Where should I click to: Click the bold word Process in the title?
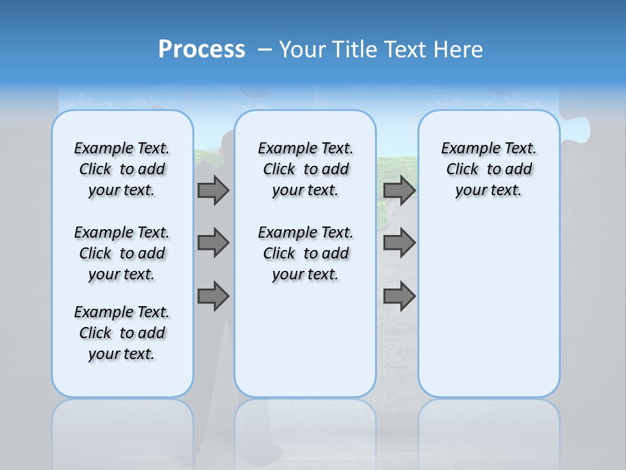click(x=201, y=49)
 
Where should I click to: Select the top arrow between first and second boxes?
click(x=213, y=190)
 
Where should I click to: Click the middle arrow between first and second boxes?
click(x=213, y=243)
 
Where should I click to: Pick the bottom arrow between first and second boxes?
click(x=213, y=296)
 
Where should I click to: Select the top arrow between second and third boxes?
click(x=400, y=190)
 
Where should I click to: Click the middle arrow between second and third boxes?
click(x=400, y=243)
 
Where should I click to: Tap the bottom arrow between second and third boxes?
click(x=400, y=296)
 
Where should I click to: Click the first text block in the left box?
click(x=122, y=169)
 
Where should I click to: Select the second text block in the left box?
click(x=122, y=253)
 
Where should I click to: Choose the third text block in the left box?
click(x=122, y=333)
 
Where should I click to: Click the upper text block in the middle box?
click(x=305, y=169)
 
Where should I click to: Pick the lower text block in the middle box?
click(x=305, y=253)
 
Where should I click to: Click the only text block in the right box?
click(x=488, y=169)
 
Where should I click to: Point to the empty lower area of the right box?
click(x=488, y=307)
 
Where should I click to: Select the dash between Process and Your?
click(x=265, y=50)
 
